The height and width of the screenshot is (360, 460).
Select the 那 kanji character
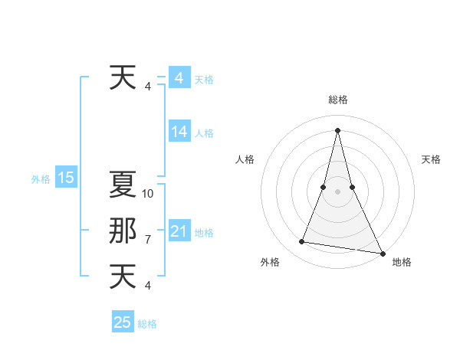click(123, 231)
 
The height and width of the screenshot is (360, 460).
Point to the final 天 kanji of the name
click(123, 277)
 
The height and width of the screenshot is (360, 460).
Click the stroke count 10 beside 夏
click(149, 194)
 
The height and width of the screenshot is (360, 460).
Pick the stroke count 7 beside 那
click(148, 240)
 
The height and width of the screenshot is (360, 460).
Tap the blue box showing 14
click(179, 132)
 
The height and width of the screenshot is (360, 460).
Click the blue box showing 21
click(179, 231)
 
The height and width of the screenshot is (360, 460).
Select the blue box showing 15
click(66, 178)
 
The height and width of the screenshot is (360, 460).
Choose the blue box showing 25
click(123, 322)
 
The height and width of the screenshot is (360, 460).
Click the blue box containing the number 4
click(179, 78)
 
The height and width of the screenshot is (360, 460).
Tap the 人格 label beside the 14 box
click(204, 133)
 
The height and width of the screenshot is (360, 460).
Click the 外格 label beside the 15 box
click(41, 179)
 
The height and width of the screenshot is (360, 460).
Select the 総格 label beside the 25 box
click(147, 324)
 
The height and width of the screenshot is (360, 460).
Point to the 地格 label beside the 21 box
click(204, 233)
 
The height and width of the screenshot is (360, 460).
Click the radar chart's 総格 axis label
click(337, 100)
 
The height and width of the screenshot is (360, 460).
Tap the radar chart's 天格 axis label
click(431, 159)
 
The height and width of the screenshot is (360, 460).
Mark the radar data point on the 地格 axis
click(382, 254)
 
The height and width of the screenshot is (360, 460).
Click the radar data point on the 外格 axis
click(302, 242)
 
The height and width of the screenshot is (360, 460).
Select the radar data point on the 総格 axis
click(337, 129)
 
